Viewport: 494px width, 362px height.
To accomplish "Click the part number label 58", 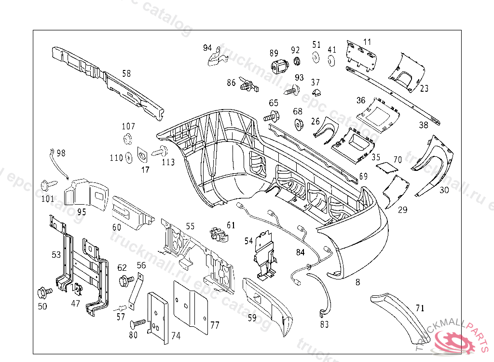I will pyautogui.click(x=126, y=74).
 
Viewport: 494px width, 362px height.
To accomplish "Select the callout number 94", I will pyautogui.click(x=207, y=48).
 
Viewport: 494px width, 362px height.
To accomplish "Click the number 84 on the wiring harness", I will pyautogui.click(x=301, y=251).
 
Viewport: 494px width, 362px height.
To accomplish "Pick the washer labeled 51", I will pyautogui.click(x=316, y=57).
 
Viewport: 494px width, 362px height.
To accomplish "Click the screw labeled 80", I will pyautogui.click(x=138, y=322).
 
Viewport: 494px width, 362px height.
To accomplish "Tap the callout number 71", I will pyautogui.click(x=420, y=308).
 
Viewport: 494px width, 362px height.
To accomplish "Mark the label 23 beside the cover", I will pyautogui.click(x=424, y=88).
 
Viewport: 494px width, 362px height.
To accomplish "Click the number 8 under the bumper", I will pyautogui.click(x=357, y=282).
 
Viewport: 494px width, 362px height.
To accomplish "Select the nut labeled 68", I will pyautogui.click(x=298, y=124).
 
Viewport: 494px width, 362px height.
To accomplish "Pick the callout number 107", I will pyautogui.click(x=128, y=126).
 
